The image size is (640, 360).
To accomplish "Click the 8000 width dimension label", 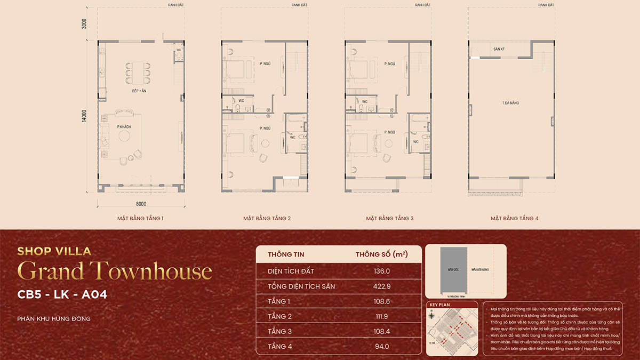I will pos(141,204).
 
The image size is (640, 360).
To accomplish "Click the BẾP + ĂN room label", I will pos(140,91).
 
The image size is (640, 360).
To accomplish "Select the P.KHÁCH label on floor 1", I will pos(124,126).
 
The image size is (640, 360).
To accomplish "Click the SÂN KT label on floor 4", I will pos(499,49).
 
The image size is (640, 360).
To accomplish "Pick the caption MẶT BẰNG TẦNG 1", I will pos(141,218).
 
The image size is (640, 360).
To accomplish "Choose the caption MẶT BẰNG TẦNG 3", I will pos(389,218).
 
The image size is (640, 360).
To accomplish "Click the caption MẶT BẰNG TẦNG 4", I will pos(515,218).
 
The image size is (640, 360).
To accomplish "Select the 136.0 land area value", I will pos(382,271).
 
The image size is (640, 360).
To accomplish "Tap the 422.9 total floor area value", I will pos(382,286).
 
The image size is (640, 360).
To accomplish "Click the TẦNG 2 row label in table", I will pos(280,316).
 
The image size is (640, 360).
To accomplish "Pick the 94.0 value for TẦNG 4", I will pos(382,346).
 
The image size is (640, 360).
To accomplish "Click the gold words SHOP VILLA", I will pos(54,251).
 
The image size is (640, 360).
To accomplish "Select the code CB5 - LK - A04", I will pos(62,295).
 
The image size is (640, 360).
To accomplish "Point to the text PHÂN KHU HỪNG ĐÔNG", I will pos(54,319).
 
